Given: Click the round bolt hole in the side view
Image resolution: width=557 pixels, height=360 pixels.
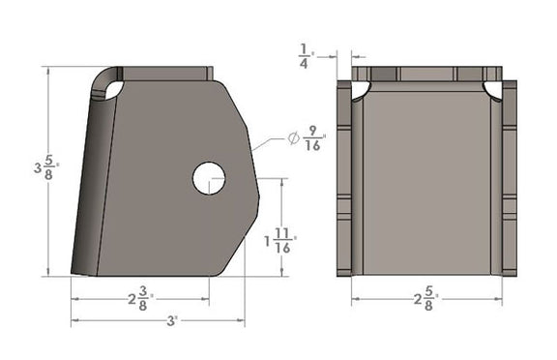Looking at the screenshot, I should [x=208, y=177].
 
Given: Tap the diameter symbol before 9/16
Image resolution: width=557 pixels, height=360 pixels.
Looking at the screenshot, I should [x=293, y=139].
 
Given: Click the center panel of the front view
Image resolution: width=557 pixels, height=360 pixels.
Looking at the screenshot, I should [x=426, y=184].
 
